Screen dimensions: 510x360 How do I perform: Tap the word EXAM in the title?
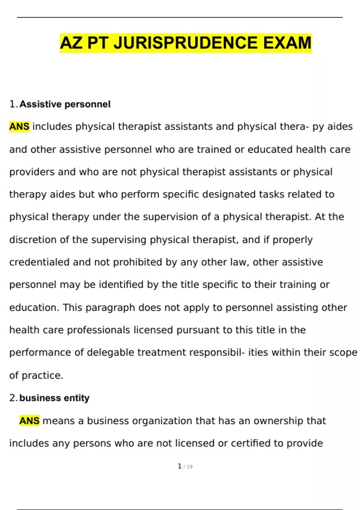pyautogui.click(x=287, y=43)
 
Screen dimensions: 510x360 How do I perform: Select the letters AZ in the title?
pyautogui.click(x=71, y=43)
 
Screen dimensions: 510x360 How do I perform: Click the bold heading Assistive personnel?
pyautogui.click(x=65, y=104)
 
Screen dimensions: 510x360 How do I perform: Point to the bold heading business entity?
pyautogui.click(x=54, y=398)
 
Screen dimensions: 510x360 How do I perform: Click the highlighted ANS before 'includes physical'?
pyautogui.click(x=19, y=127)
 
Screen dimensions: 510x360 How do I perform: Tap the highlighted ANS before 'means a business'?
pyautogui.click(x=29, y=421)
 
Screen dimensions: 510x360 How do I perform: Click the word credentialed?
pyautogui.click(x=39, y=262)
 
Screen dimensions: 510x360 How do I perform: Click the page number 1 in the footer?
pyautogui.click(x=179, y=466)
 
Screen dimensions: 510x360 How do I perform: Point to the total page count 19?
pyautogui.click(x=189, y=467)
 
